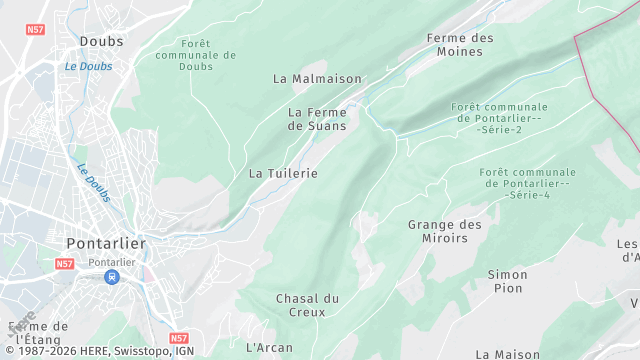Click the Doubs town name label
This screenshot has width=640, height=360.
[x=101, y=41]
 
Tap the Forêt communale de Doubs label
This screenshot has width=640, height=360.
[x=196, y=54]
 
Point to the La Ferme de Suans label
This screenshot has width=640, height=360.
[x=317, y=119]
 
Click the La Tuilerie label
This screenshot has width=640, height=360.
[x=283, y=173]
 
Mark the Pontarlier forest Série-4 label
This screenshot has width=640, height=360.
[x=527, y=183]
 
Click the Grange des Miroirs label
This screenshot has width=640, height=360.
[x=445, y=231]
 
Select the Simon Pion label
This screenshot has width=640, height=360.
[x=507, y=281]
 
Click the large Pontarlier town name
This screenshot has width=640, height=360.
[x=106, y=243]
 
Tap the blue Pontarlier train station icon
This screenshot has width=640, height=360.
[x=113, y=276]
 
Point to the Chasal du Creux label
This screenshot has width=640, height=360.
[x=308, y=305]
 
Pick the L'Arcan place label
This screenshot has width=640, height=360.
[x=269, y=347]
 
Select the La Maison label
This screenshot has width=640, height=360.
[x=508, y=354]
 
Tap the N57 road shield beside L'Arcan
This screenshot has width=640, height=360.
[x=179, y=339]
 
